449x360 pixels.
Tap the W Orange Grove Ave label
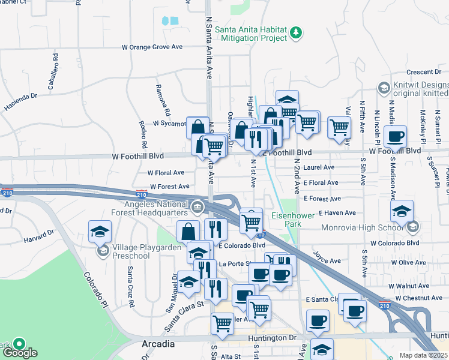pyautogui.click(x=152, y=46)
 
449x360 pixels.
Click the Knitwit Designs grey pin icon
pyautogui.click(x=383, y=88)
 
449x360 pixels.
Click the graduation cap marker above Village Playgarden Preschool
pyautogui.click(x=100, y=231)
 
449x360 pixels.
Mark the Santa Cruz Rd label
pyautogui.click(x=130, y=283)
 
